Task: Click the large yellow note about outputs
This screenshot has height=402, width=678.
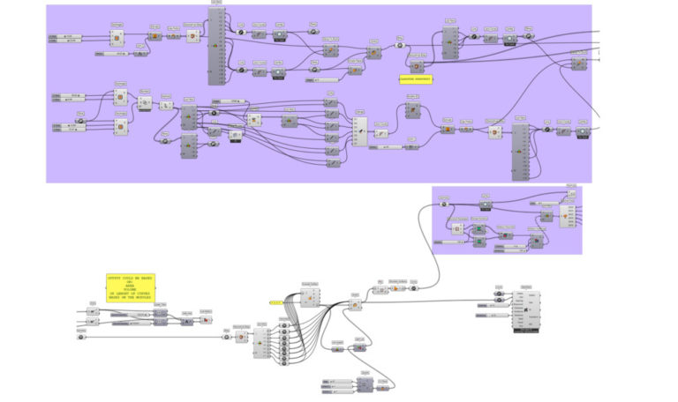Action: (130, 287)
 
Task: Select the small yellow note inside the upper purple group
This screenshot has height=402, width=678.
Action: (416, 78)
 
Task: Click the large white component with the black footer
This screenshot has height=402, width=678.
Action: (525, 311)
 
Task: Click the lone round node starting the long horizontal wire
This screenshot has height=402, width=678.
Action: (81, 337)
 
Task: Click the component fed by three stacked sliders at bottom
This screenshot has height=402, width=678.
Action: (365, 385)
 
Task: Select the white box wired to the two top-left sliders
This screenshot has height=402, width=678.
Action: (117, 37)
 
